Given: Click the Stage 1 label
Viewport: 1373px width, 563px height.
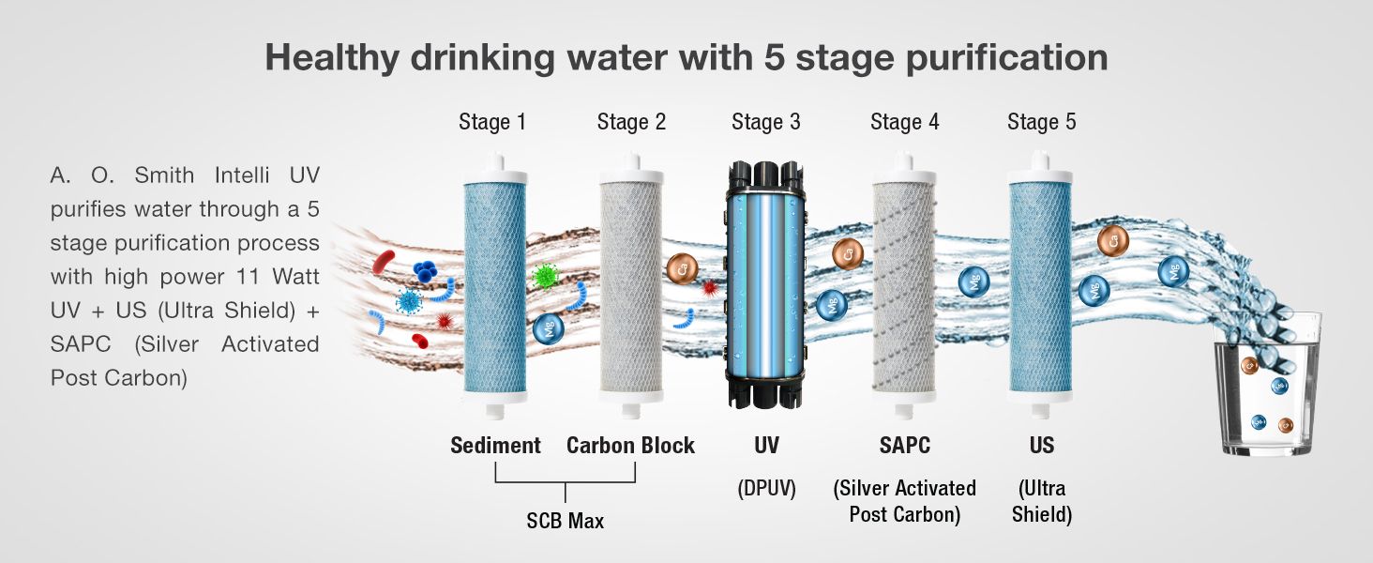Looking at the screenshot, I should [492, 122].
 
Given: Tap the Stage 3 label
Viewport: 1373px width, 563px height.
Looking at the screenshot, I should [766, 122].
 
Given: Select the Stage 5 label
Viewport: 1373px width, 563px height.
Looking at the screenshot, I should [1042, 122].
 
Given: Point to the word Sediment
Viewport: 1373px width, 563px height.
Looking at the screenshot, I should [495, 445].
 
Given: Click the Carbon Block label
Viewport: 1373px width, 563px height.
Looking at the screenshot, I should [630, 445].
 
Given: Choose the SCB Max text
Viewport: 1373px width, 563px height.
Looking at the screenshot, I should [566, 520].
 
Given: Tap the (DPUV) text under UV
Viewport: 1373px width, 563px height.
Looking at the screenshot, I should [766, 489].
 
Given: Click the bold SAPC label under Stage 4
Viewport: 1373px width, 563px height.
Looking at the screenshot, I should [904, 445].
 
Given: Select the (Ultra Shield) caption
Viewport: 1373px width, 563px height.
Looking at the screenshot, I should [1042, 501].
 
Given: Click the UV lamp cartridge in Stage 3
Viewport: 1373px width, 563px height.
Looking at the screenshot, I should [766, 286].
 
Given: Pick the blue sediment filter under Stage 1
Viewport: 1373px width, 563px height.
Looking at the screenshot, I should [494, 291].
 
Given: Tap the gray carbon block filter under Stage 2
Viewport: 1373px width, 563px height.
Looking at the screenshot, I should [630, 291].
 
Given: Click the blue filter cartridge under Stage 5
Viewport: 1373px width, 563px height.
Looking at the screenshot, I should [1041, 291].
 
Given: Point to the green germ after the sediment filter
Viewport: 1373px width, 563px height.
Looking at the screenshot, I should [544, 277].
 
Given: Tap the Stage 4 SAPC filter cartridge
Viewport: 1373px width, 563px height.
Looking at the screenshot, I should [904, 291].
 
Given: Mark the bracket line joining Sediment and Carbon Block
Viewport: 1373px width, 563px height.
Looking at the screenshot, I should [566, 481].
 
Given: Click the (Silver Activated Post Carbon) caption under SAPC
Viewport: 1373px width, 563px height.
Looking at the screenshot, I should [904, 501].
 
